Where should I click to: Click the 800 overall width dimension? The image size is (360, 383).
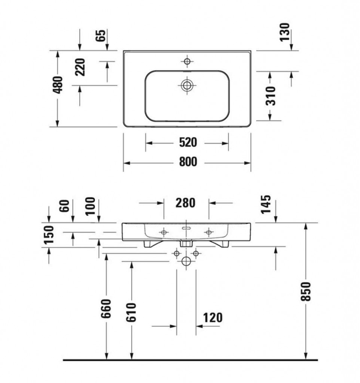[x=188, y=162]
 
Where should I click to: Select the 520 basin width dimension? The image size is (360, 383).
[x=188, y=143]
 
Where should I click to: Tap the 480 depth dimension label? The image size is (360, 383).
[x=58, y=85]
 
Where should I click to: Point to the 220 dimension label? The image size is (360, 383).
[x=80, y=67]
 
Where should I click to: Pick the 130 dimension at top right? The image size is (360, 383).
[x=285, y=32]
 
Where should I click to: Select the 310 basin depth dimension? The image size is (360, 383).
[x=271, y=96]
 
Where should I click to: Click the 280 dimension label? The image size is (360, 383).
[x=186, y=203]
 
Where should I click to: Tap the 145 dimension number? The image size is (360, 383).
[x=266, y=205]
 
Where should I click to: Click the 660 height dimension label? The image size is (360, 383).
[x=106, y=309]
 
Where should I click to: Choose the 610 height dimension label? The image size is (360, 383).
[x=131, y=312]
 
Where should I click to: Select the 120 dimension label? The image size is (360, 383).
[x=213, y=318]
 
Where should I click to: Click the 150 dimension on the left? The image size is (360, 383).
[x=49, y=235]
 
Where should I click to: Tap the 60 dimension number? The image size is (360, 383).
[x=65, y=206]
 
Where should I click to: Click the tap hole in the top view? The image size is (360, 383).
[x=187, y=61]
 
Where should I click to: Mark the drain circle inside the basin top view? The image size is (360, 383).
[x=187, y=85]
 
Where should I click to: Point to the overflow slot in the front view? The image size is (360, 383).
[x=186, y=228]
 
